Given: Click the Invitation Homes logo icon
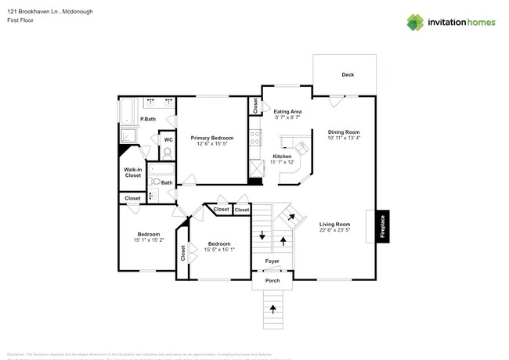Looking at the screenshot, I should [415, 23].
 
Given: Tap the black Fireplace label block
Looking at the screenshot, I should [383, 226].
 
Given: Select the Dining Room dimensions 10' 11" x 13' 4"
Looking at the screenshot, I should [344, 139].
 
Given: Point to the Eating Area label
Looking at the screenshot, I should [287, 112].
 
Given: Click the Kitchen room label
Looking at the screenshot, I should [282, 157].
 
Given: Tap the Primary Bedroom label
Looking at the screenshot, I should [212, 138].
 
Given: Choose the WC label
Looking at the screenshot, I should [168, 140].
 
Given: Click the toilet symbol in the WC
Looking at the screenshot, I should [167, 153].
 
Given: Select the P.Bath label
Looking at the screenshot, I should [147, 119].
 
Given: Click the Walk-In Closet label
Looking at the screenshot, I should [132, 172].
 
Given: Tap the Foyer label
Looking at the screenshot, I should [272, 261].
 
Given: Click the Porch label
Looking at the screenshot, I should [272, 280].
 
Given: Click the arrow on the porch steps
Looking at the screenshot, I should [273, 308].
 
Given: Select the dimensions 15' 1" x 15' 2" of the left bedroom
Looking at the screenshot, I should [149, 239].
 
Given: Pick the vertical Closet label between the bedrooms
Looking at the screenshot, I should [183, 253].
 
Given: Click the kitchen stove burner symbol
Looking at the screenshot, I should [254, 138].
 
